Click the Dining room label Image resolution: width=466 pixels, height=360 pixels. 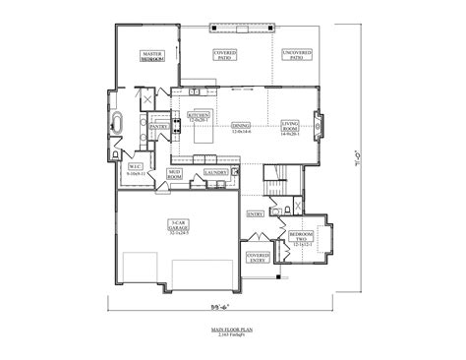[x=241, y=128]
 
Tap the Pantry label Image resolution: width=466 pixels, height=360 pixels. [x=157, y=126]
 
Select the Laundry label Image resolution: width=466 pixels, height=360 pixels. [x=215, y=173]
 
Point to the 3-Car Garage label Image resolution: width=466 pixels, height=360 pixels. [x=178, y=228]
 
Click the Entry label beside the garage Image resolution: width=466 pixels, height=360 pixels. [x=255, y=212]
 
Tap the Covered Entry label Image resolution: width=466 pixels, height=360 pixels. [x=258, y=257]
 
